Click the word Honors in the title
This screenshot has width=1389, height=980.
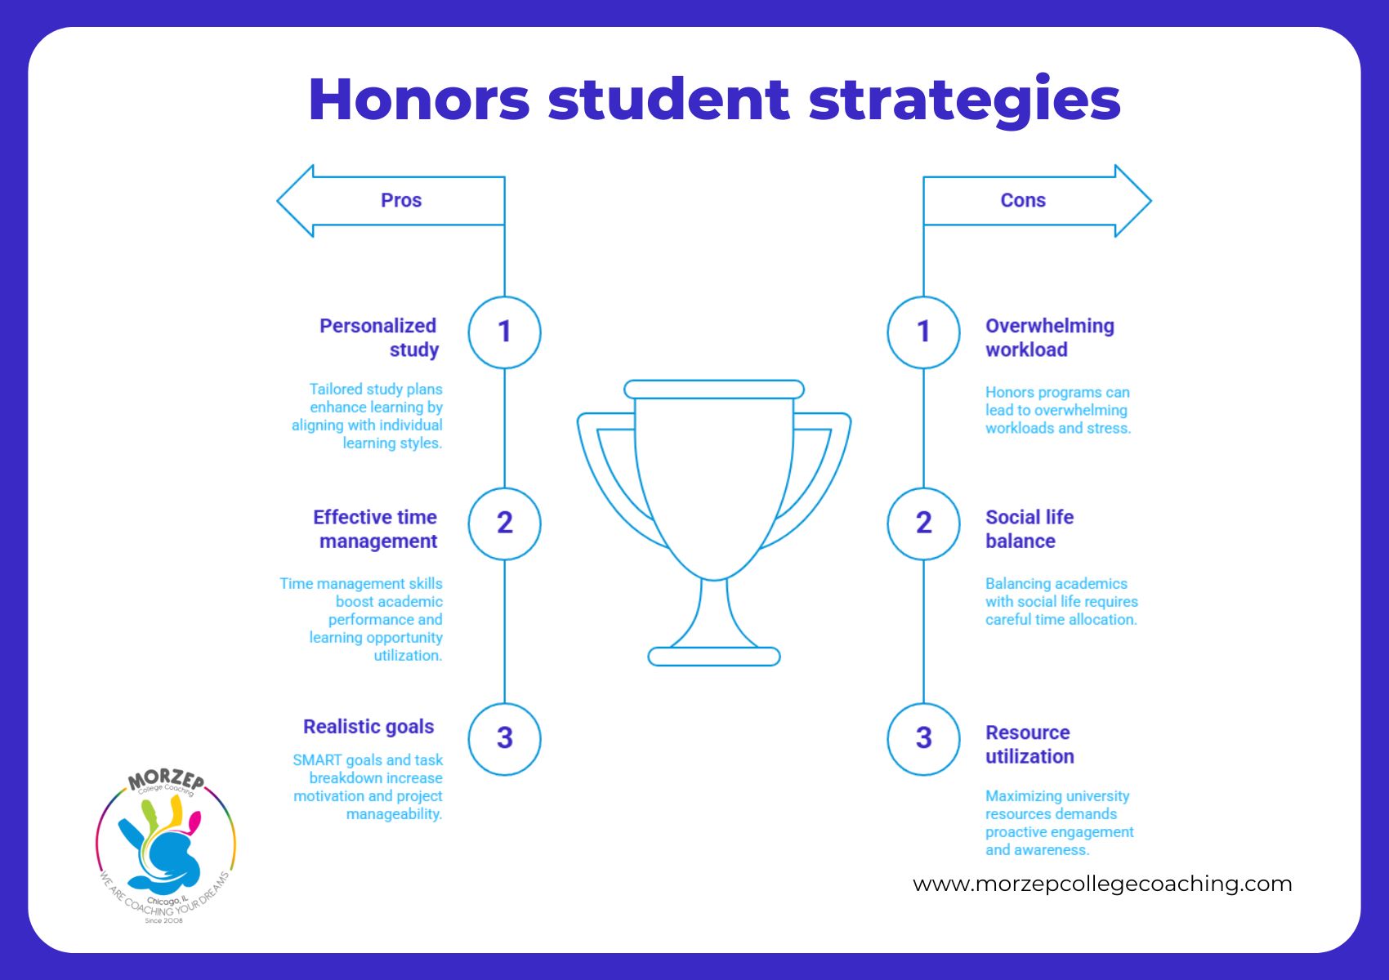(x=419, y=100)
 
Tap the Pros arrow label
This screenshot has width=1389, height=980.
(x=400, y=200)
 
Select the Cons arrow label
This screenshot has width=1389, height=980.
(x=1022, y=200)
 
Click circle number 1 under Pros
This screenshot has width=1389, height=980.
(x=504, y=332)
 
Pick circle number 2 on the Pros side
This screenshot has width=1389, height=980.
(x=504, y=523)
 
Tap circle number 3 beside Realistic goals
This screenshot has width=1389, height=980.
(x=504, y=738)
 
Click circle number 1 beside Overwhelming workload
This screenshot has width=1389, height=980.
(x=923, y=332)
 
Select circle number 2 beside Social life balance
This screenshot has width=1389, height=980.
(x=923, y=523)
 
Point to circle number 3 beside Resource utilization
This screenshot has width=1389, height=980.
(x=923, y=738)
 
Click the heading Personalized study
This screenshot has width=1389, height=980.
(x=379, y=337)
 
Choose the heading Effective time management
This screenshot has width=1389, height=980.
(x=376, y=529)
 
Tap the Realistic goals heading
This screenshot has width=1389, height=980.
(x=368, y=727)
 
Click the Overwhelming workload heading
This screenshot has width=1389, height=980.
(x=1049, y=337)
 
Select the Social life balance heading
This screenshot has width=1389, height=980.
(x=1029, y=529)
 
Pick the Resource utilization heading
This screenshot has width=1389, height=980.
(x=1029, y=744)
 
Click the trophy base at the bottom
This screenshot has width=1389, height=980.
(x=714, y=657)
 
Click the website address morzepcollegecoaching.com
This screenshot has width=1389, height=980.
(x=1102, y=884)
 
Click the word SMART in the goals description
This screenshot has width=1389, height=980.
(x=317, y=760)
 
